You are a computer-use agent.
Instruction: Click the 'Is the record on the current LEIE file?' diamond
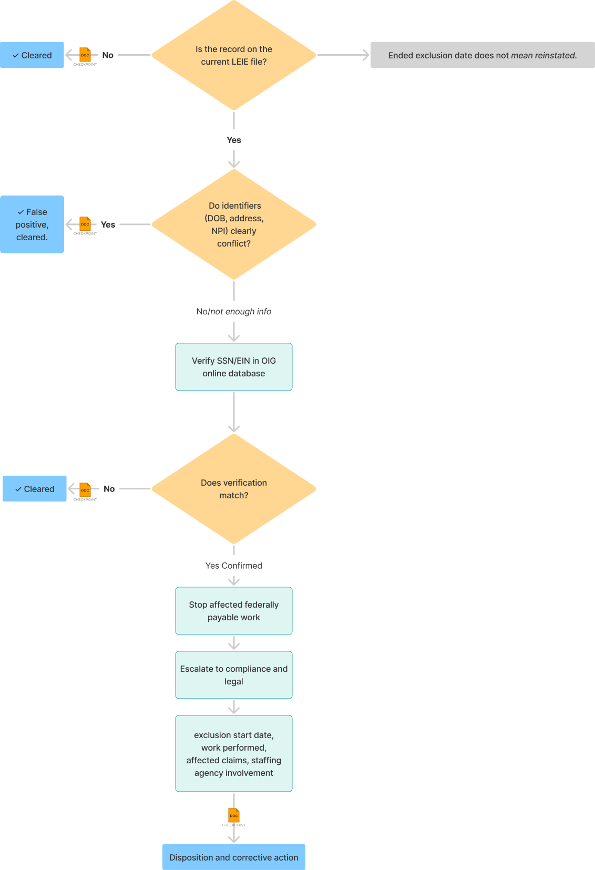click(234, 55)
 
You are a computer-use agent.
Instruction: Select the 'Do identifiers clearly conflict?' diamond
click(234, 224)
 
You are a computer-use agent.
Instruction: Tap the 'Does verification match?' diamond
click(234, 488)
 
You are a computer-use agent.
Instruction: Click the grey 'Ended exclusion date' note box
click(483, 55)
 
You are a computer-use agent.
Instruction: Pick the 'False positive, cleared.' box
click(32, 224)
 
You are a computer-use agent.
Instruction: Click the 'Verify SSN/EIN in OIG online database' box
click(234, 366)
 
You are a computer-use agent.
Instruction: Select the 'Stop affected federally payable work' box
click(234, 610)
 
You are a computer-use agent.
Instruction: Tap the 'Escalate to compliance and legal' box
click(234, 674)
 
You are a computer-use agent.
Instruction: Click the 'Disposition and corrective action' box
click(234, 857)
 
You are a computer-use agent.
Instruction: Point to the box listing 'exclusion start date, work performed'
click(234, 753)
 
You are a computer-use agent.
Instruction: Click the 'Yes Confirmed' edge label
click(234, 566)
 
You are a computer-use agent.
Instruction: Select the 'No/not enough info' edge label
click(234, 312)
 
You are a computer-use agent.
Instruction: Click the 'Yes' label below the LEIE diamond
click(234, 140)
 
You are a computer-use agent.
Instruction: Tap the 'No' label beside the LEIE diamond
click(108, 55)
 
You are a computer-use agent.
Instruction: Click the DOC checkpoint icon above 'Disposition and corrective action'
click(234, 815)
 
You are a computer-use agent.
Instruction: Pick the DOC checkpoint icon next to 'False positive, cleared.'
click(85, 224)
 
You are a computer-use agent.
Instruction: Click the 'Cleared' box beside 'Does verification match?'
click(35, 488)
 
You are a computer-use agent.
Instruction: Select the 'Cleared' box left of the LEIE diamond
click(32, 55)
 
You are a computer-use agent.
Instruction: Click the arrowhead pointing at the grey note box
click(366, 55)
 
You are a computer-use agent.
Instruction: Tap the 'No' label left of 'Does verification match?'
click(109, 488)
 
